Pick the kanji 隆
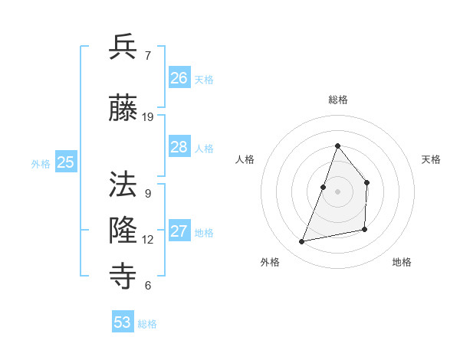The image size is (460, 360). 123,229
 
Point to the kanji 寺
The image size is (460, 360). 123,275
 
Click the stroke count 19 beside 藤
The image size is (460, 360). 148,117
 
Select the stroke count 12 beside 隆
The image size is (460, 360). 148,240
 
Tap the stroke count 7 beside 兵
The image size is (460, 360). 147,56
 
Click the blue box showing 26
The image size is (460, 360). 179,77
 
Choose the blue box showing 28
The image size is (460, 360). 179,147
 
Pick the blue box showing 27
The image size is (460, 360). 179,231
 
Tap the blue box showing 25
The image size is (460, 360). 66,162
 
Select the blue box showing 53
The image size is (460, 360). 123,322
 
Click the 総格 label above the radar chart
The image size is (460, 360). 337,100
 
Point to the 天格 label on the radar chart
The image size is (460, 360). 431,159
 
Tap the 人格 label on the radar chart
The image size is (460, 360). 245,159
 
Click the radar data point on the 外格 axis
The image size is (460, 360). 302,242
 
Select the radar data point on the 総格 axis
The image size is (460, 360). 337,146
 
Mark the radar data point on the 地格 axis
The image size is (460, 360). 365,229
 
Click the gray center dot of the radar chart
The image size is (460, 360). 337,191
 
